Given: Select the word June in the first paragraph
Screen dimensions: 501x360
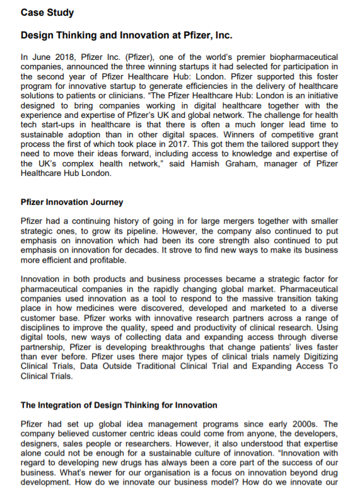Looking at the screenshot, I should click(40, 57).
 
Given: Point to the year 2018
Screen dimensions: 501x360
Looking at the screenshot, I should click(60, 57).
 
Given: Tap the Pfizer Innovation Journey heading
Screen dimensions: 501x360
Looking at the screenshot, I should click(71, 203).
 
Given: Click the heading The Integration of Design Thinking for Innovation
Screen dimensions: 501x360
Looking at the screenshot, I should click(119, 405).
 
